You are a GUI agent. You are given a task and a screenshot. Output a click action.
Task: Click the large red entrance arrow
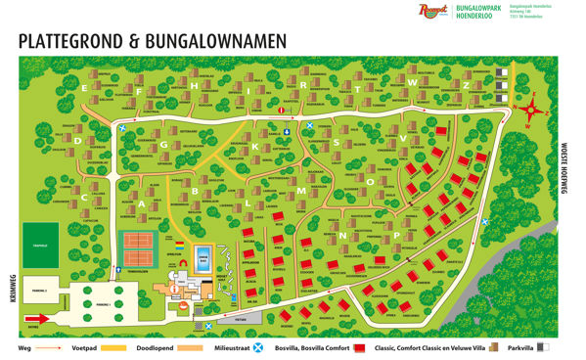(x=34, y=319)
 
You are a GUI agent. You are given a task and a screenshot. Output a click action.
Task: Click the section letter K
(x=256, y=148)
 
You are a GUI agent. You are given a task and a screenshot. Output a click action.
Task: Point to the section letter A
(x=142, y=203)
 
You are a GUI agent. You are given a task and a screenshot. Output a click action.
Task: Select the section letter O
(x=370, y=181)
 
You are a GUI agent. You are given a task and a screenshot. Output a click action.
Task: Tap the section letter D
(x=77, y=140)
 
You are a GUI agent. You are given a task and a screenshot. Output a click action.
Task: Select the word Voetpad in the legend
(x=88, y=347)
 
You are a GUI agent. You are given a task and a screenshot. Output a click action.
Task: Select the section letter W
(x=415, y=84)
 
